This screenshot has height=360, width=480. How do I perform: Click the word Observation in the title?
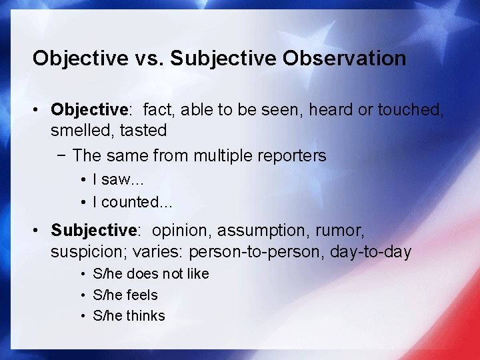(344, 59)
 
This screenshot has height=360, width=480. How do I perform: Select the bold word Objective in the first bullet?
(89, 109)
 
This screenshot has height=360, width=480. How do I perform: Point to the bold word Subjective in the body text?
(93, 231)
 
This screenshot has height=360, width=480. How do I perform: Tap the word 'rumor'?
(340, 231)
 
